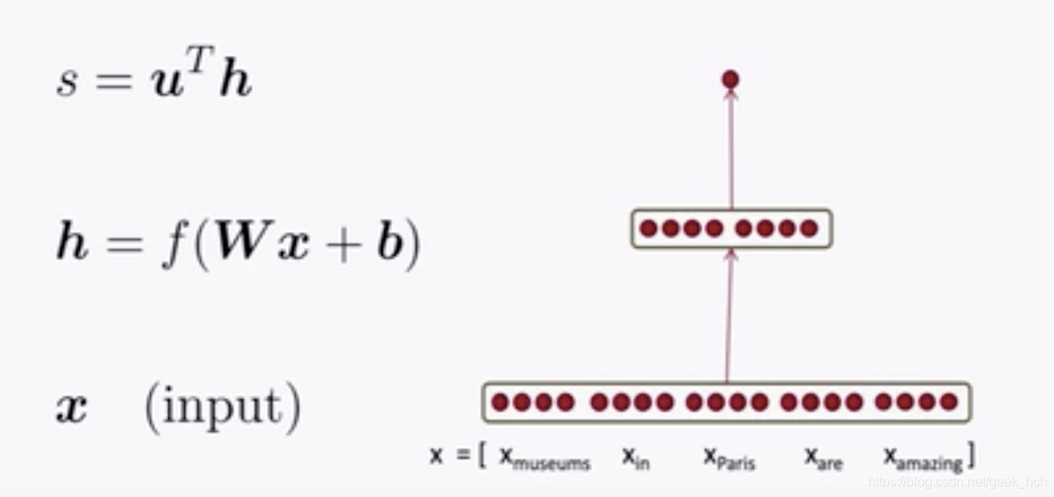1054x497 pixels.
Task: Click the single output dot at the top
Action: [730, 80]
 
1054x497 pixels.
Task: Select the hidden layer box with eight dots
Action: [731, 228]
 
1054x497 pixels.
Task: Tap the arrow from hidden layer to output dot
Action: [731, 150]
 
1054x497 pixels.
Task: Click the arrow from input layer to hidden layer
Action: [729, 317]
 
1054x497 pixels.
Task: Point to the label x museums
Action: [545, 458]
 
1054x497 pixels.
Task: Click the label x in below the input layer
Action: [635, 458]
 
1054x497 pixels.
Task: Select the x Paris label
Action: [729, 458]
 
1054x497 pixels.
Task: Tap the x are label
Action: [823, 458]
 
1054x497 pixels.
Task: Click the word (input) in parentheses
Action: [223, 407]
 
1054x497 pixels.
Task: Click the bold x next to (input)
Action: [72, 409]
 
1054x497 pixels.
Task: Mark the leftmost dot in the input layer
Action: [499, 403]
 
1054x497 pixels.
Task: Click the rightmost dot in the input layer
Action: [948, 403]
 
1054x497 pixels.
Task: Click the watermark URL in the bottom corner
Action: [956, 482]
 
